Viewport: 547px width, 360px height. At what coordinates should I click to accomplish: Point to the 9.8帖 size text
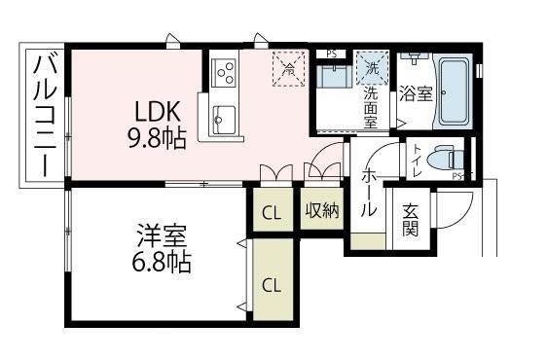156,138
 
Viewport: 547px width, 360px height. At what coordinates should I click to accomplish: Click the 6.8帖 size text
162,261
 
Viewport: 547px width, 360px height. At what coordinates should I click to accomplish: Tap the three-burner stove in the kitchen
225,71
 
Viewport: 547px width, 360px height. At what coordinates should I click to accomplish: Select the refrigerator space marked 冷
287,67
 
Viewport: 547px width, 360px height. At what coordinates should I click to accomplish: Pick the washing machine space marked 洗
372,67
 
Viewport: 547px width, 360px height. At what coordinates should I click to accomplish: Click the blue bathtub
453,92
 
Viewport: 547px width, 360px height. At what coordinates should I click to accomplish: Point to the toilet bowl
444,159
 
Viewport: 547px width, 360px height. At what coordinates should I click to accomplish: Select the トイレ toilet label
416,159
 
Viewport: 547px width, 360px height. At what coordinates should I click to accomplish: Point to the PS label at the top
331,54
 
